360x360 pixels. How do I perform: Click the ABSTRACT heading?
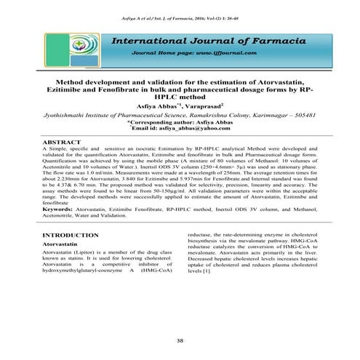[63, 140]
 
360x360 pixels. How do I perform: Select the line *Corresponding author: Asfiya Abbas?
[180, 122]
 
